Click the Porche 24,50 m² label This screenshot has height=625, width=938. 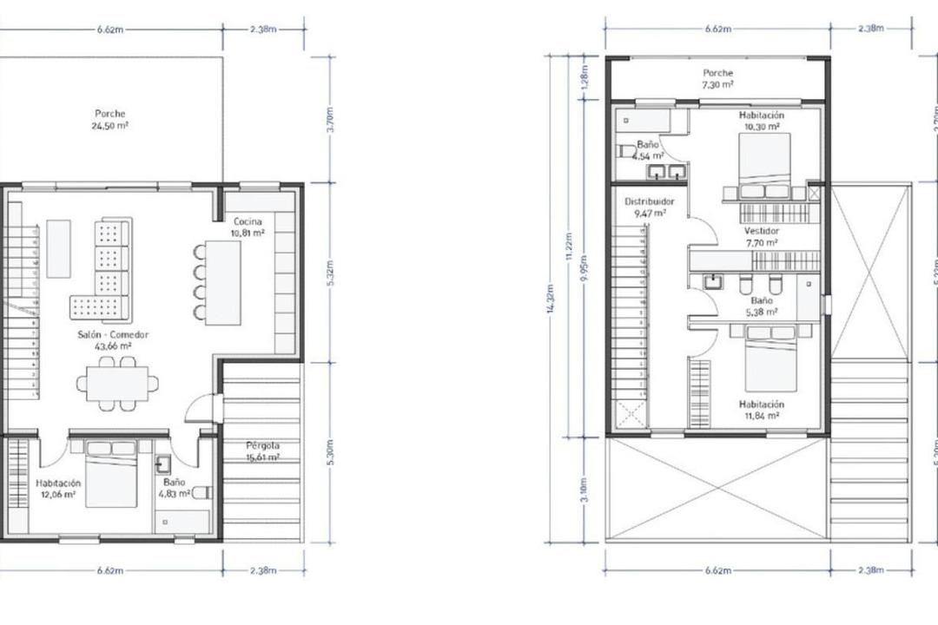(x=110, y=119)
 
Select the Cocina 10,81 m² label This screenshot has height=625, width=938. (x=248, y=227)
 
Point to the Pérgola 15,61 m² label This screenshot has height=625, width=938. (x=262, y=451)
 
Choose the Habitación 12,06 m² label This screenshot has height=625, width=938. (x=58, y=489)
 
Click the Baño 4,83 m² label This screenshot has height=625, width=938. (x=174, y=488)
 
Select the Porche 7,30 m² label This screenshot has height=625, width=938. (x=717, y=79)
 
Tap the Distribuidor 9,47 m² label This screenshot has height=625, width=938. (x=649, y=207)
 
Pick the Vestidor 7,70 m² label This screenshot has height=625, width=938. (x=761, y=238)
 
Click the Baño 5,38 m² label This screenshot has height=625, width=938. (x=761, y=306)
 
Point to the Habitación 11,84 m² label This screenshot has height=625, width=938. (x=761, y=410)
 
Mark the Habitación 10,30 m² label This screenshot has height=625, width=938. (x=761, y=121)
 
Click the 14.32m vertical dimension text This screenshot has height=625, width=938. (x=551, y=299)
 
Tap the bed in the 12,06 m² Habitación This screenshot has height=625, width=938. (x=110, y=475)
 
